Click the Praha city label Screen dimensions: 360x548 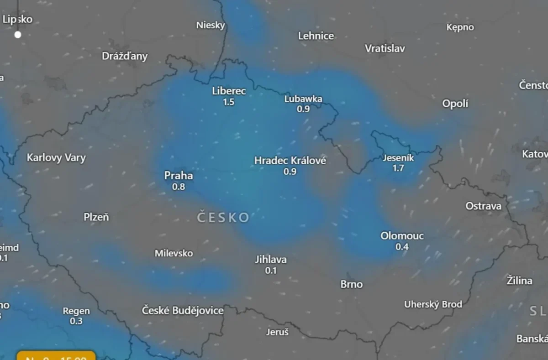tap(179, 176)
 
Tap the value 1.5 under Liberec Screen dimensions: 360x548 tap(229, 102)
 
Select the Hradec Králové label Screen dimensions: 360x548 tap(290, 161)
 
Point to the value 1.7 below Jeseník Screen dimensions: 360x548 tap(398, 168)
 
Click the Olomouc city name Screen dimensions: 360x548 tap(402, 236)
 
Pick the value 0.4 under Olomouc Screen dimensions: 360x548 tap(402, 247)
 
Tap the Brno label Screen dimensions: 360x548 tap(352, 284)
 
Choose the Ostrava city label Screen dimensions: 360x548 tap(483, 206)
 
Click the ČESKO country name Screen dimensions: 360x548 tap(223, 217)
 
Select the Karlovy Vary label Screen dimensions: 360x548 tap(56, 158)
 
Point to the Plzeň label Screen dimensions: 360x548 tap(96, 217)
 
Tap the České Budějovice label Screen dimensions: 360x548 tap(183, 311)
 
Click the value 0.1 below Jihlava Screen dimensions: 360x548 tap(271, 271)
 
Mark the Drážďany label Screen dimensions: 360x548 tap(125, 56)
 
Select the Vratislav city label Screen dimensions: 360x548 tap(385, 48)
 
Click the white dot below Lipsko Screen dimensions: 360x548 tap(18, 35)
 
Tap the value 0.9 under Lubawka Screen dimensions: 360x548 tap(303, 109)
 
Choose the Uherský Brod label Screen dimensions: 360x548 tap(433, 304)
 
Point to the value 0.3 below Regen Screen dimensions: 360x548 tap(76, 321)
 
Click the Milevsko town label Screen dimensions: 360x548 tap(174, 253)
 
